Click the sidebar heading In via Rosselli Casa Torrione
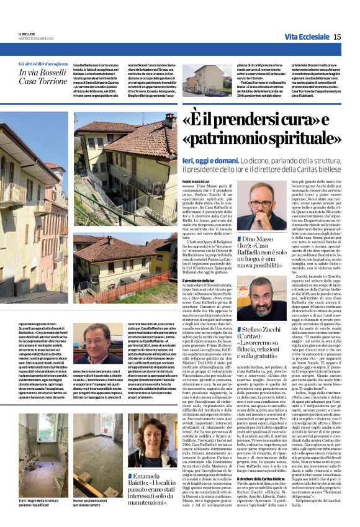click(x=43, y=77)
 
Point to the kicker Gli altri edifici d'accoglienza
click(x=43, y=64)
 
